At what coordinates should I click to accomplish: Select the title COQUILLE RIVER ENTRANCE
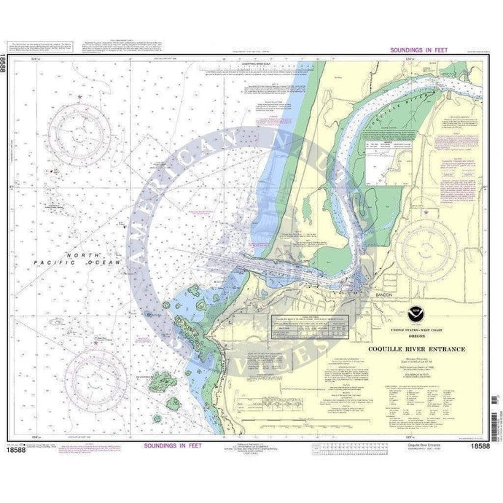[416, 349]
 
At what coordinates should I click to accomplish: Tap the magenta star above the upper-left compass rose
[79, 97]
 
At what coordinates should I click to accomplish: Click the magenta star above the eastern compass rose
[427, 212]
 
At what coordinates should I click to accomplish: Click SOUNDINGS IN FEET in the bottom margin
[167, 445]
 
